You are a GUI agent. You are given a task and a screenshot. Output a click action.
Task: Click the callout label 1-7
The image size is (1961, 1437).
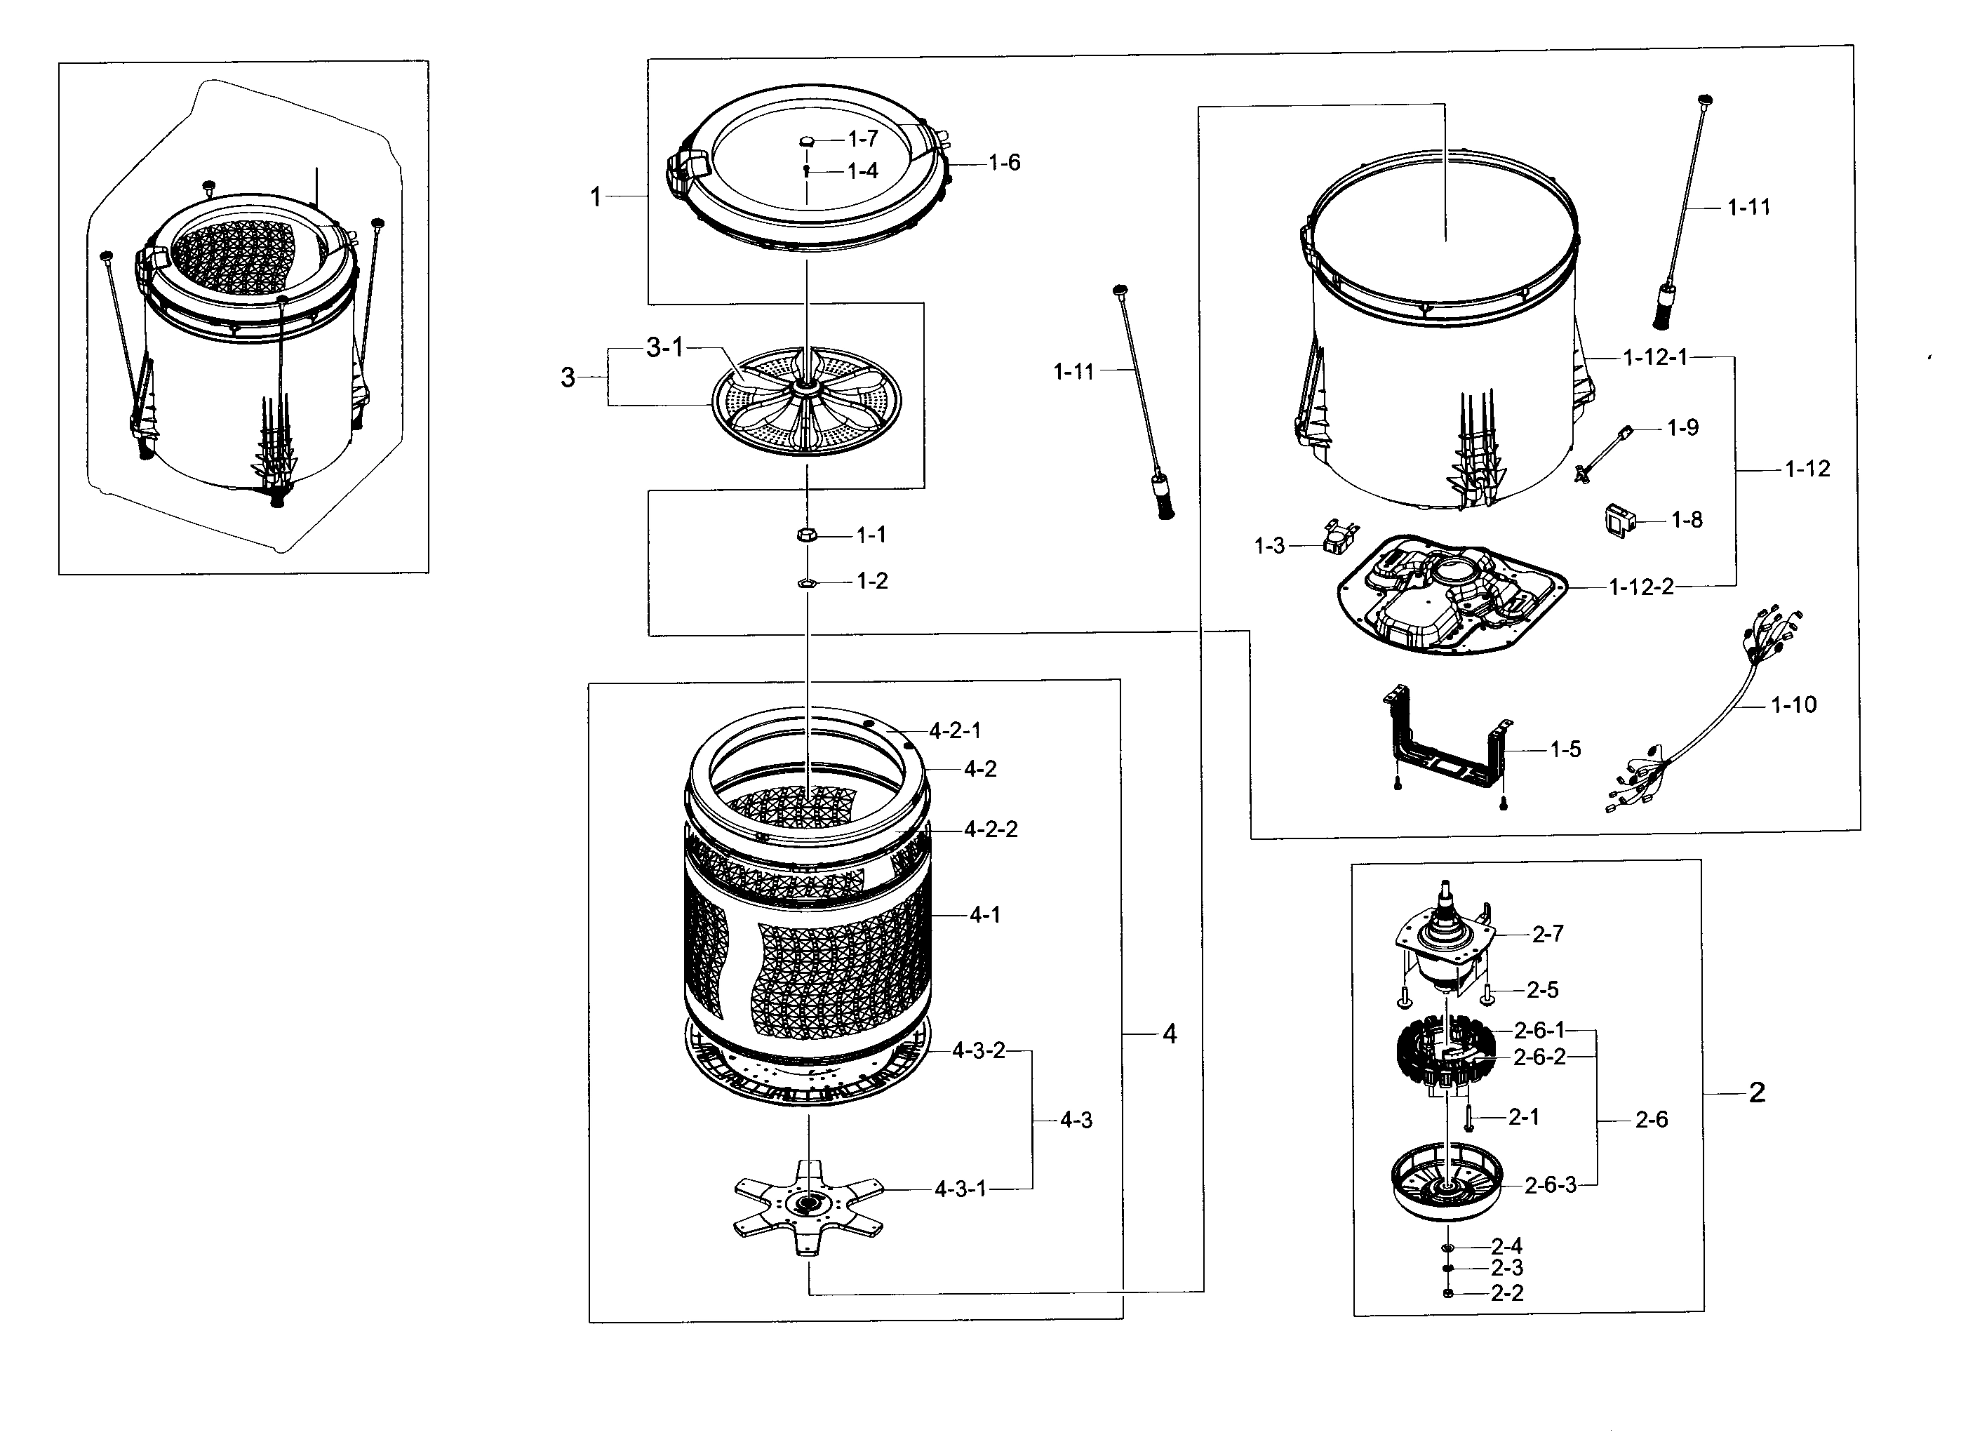pyautogui.click(x=863, y=138)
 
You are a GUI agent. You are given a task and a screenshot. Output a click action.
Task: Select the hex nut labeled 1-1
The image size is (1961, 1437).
pyautogui.click(x=806, y=534)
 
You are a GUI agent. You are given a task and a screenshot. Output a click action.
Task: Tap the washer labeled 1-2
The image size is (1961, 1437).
pyautogui.click(x=806, y=582)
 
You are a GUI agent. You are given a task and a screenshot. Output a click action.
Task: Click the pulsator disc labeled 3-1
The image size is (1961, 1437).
pyautogui.click(x=806, y=400)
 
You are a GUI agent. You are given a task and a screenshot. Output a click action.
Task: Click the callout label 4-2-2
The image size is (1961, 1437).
pyautogui.click(x=991, y=829)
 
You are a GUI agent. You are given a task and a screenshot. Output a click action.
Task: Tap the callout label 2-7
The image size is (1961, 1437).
pyautogui.click(x=1548, y=934)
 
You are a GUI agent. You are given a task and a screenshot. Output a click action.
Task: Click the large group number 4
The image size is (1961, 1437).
pyautogui.click(x=1170, y=1034)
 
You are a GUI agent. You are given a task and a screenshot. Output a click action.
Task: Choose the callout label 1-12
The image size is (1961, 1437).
pyautogui.click(x=1807, y=469)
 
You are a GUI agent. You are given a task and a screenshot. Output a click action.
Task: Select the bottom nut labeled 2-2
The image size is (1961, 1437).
pyautogui.click(x=1448, y=1293)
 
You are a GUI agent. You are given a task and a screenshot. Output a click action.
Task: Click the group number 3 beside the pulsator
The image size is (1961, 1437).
pyautogui.click(x=568, y=377)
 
